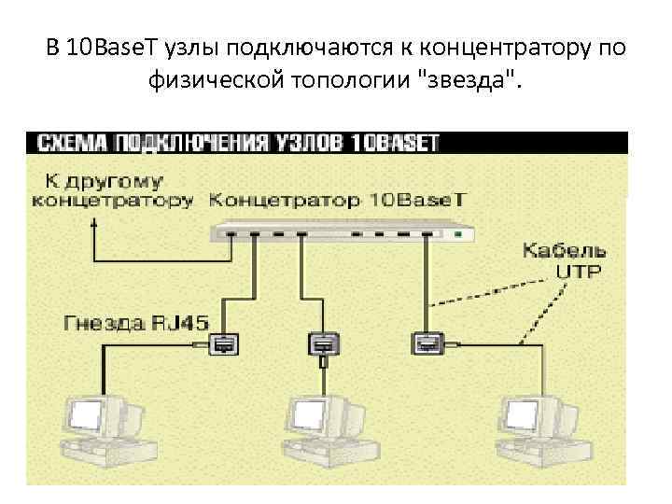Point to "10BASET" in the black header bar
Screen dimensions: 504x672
[397, 144]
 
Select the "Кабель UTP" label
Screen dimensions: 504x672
[563, 260]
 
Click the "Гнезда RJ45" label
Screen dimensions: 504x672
[128, 323]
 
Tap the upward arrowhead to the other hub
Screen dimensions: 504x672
[93, 224]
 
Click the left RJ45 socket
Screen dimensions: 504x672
[223, 344]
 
